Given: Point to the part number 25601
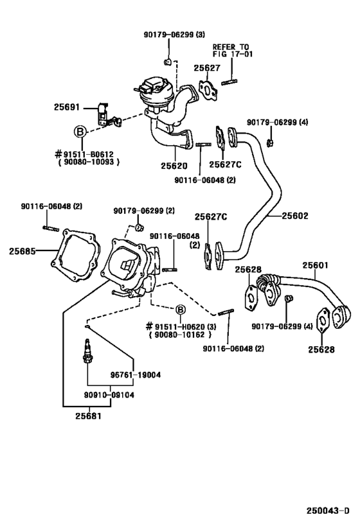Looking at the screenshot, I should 314,265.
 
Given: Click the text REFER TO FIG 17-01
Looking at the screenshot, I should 231,51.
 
